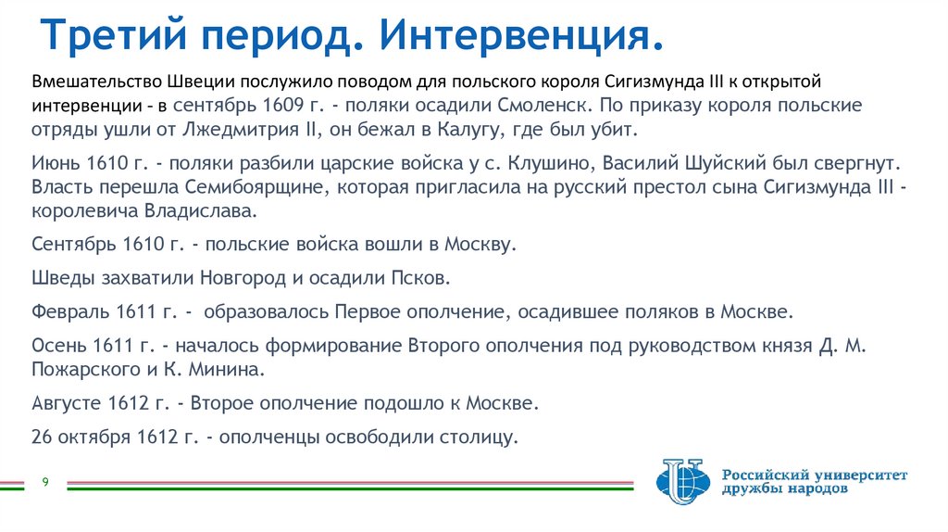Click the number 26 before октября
click(43, 437)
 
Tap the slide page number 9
click(44, 482)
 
